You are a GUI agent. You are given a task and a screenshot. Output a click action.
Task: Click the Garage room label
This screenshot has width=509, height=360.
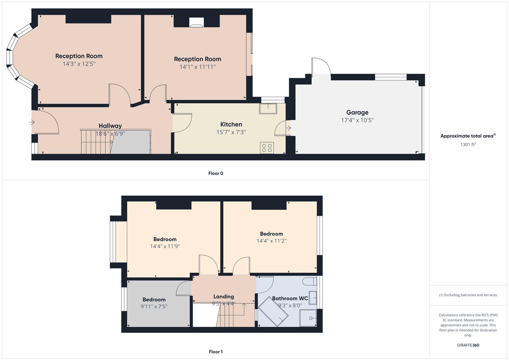pyautogui.click(x=357, y=112)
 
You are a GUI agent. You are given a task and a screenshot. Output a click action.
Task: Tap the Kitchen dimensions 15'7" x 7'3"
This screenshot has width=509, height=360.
pyautogui.click(x=231, y=132)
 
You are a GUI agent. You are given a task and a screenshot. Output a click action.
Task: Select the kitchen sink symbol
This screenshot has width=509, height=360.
pyautogui.click(x=268, y=108)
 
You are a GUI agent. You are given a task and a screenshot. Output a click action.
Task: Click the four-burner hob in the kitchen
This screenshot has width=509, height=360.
pyautogui.click(x=267, y=148)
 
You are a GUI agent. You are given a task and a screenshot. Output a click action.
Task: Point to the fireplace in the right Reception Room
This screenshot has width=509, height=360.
pyautogui.click(x=196, y=22)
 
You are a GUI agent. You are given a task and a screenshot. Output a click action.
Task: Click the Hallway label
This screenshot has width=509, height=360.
pyautogui.click(x=110, y=126)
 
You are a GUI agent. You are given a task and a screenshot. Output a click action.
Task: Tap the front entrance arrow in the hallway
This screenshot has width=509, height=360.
pyautogui.click(x=32, y=122)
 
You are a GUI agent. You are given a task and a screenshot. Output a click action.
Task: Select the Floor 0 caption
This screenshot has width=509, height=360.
pyautogui.click(x=216, y=173)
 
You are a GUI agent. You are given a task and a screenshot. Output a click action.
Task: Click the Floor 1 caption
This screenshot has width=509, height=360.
pyautogui.click(x=216, y=352)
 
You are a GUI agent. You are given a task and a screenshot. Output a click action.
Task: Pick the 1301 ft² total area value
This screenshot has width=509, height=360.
pyautogui.click(x=468, y=145)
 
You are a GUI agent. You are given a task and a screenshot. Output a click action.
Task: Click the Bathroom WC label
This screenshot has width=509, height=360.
pyautogui.click(x=290, y=298)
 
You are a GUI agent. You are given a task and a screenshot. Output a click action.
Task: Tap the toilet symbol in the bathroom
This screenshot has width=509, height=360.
pyautogui.click(x=309, y=281)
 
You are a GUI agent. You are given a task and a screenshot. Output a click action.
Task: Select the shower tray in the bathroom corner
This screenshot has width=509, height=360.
pyautogui.click(x=308, y=318)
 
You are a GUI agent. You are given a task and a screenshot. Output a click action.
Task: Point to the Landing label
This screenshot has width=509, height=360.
pyautogui.click(x=223, y=296)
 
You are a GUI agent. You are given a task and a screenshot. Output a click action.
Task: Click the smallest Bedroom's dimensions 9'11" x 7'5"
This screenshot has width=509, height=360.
pyautogui.click(x=154, y=306)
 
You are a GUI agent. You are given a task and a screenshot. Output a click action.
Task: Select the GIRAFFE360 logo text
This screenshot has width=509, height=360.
pyautogui.click(x=468, y=345)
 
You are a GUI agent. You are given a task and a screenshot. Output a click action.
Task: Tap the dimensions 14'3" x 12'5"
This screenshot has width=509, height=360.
pyautogui.click(x=79, y=64)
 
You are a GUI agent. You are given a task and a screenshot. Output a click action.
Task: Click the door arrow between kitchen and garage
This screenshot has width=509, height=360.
pyautogui.click(x=288, y=128)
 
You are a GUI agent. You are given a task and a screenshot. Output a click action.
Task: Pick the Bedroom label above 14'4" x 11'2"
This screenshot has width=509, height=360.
pyautogui.click(x=271, y=234)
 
